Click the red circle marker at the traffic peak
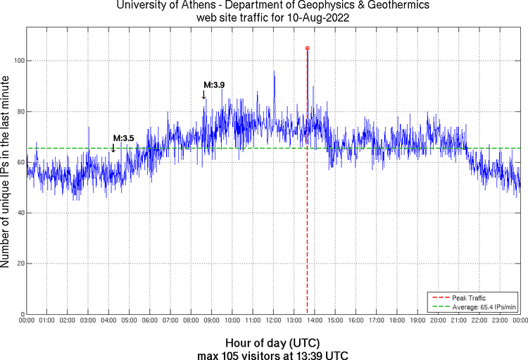pyautogui.click(x=307, y=48)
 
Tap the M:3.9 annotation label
pyautogui.click(x=214, y=85)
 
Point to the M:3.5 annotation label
pyautogui.click(x=123, y=138)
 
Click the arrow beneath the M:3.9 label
pyautogui.click(x=204, y=95)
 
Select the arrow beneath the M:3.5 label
pyautogui.click(x=113, y=147)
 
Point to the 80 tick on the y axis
pyautogui.click(x=19, y=111)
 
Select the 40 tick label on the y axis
pyautogui.click(x=19, y=213)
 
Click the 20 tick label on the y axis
pyautogui.click(x=19, y=263)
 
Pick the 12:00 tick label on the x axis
pyautogui.click(x=273, y=321)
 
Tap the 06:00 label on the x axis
pyautogui.click(x=150, y=321)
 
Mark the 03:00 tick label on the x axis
pyautogui.click(x=88, y=321)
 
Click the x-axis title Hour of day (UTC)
pyautogui.click(x=272, y=342)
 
